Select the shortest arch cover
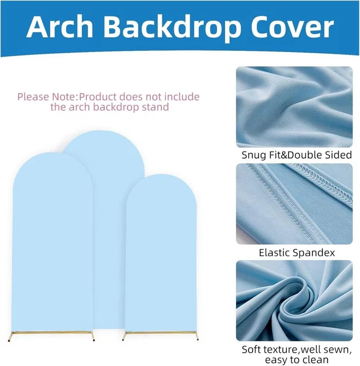pos(161,252)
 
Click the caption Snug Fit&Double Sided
pos(293,155)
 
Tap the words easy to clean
pos(293,360)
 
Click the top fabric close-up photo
pos(293,106)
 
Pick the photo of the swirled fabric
pos(293,301)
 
